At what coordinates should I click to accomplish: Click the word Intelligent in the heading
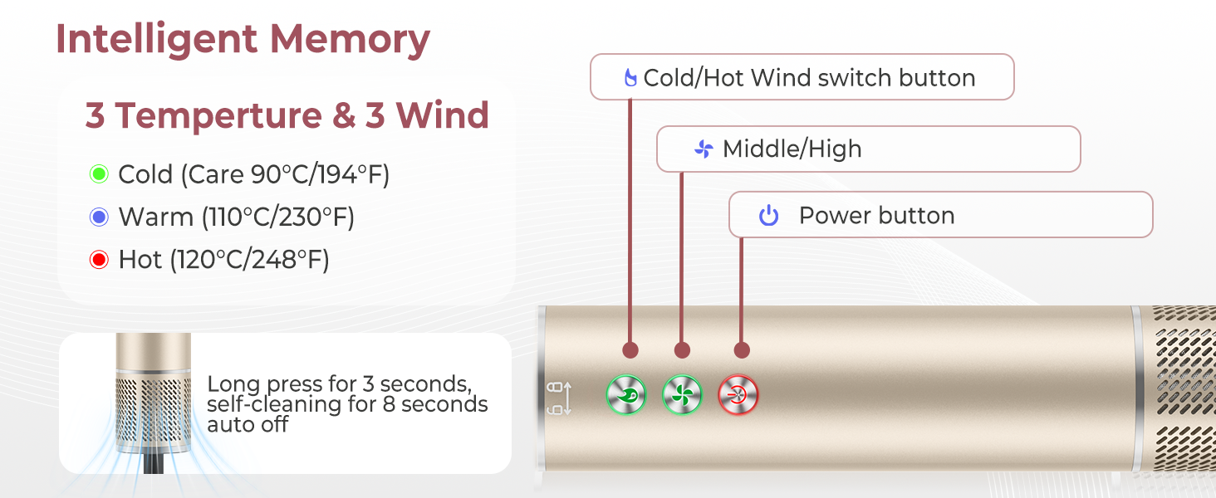(156, 39)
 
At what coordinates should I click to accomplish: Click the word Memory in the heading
(350, 39)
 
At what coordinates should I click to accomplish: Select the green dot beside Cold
(99, 174)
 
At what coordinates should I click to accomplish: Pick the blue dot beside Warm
(99, 217)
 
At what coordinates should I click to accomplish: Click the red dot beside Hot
(99, 261)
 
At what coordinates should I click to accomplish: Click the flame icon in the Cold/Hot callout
(630, 78)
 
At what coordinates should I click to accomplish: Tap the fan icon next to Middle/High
(704, 149)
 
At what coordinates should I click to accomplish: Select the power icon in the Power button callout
(769, 216)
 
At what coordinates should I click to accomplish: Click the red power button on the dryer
(738, 395)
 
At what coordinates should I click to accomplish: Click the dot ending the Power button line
(742, 350)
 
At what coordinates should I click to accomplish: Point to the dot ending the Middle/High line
(682, 350)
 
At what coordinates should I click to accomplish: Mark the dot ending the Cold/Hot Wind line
(630, 350)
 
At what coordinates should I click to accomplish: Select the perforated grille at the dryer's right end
(1183, 390)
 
